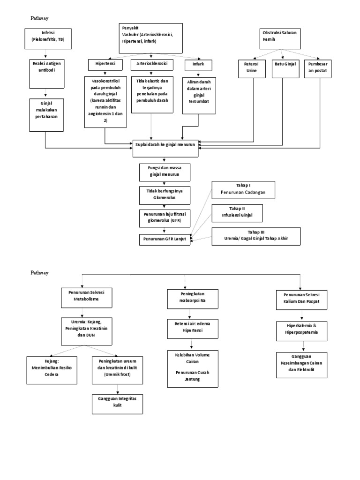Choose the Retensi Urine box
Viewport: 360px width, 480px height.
pyautogui.click(x=254, y=67)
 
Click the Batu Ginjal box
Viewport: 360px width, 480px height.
pyautogui.click(x=284, y=67)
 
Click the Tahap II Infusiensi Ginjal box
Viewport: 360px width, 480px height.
pyautogui.click(x=237, y=213)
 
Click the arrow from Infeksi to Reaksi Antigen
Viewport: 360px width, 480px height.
pyautogui.click(x=45, y=52)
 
